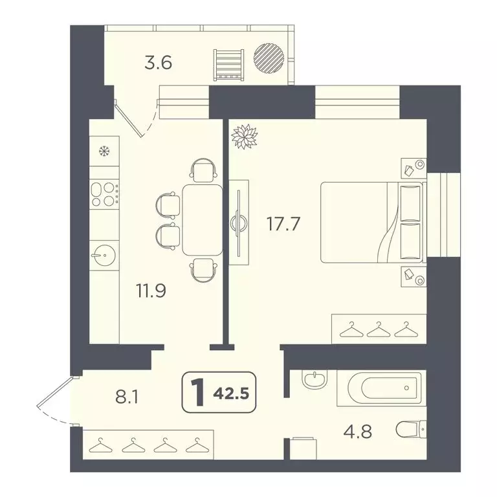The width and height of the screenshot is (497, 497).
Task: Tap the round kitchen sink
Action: point(102,256)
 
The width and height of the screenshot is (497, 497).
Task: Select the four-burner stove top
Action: point(104,193)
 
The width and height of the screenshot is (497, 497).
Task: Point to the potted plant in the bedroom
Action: point(245,137)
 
